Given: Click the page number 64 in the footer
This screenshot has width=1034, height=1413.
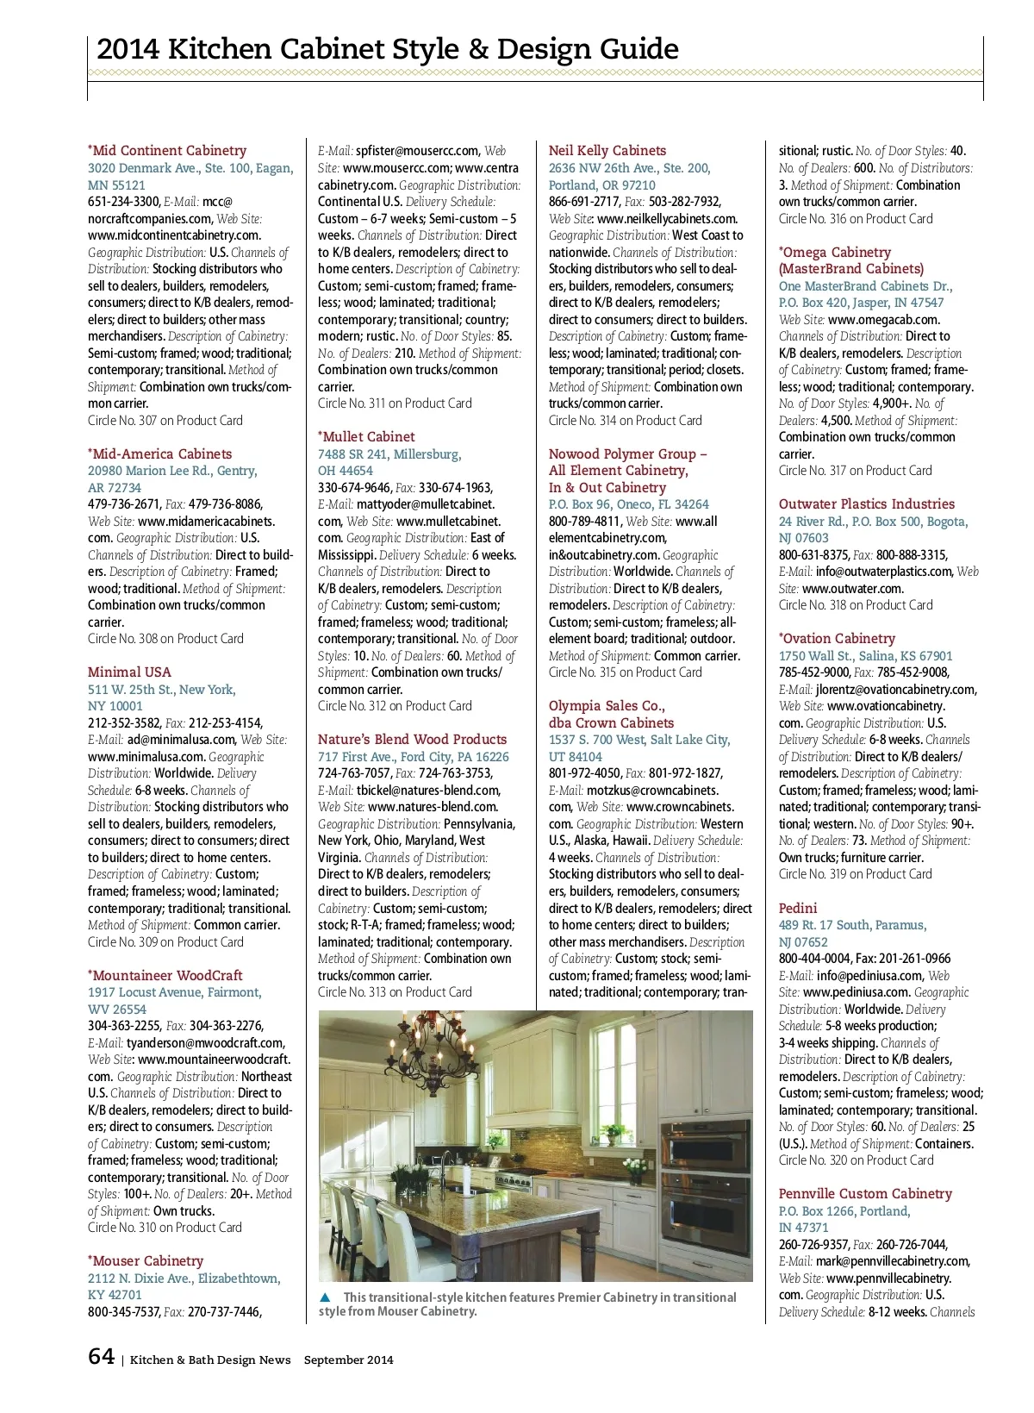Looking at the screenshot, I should (x=101, y=1357).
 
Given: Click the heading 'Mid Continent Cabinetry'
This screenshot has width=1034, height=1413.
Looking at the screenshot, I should (x=169, y=151).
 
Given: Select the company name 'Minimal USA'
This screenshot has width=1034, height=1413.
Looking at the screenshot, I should (x=129, y=672).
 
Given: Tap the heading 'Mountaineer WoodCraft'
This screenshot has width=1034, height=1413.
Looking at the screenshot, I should (x=167, y=976).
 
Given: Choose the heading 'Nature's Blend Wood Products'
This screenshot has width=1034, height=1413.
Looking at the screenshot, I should (x=412, y=740).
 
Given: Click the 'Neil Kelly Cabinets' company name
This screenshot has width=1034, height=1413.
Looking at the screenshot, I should (x=607, y=151).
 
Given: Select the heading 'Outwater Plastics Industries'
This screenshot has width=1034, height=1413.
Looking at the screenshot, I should (x=866, y=504).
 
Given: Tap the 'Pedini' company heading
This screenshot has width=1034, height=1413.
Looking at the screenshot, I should (x=798, y=909).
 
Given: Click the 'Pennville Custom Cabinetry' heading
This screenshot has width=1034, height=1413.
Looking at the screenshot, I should (x=865, y=1194).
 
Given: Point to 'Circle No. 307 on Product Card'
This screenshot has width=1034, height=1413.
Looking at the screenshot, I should (x=165, y=421).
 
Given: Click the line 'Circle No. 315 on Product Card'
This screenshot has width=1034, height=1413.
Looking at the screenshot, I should (x=626, y=672).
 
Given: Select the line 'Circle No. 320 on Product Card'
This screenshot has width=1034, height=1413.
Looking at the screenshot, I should (x=856, y=1160).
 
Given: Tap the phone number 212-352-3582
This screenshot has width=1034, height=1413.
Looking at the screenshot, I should (x=124, y=723).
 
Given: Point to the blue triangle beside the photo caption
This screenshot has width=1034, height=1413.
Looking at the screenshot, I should (x=325, y=1297).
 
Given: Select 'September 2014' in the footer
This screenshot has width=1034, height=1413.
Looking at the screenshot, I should (x=348, y=1360).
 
